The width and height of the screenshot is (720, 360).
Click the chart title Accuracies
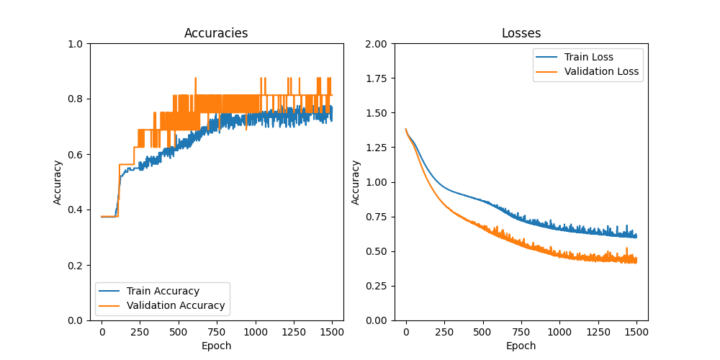216,33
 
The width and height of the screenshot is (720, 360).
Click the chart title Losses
521,33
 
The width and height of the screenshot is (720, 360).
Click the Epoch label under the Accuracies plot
216,346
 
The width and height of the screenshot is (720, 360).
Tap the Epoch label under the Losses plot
521,346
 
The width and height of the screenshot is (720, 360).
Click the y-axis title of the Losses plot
356,182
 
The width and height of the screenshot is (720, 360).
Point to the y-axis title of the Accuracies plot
58,182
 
